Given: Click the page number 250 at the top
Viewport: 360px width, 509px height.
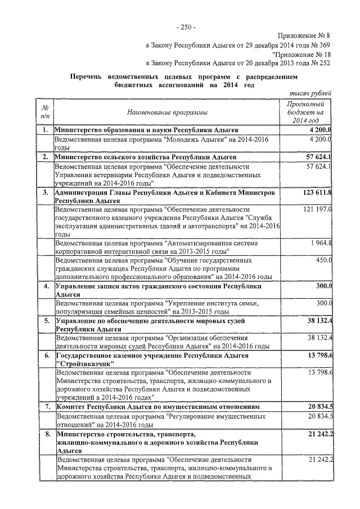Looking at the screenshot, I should (x=186, y=26).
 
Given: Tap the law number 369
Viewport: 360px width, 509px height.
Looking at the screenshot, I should (x=324, y=46).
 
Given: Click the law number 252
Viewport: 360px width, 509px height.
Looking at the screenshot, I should (x=324, y=64).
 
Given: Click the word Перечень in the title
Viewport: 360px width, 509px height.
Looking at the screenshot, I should (x=89, y=76).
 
